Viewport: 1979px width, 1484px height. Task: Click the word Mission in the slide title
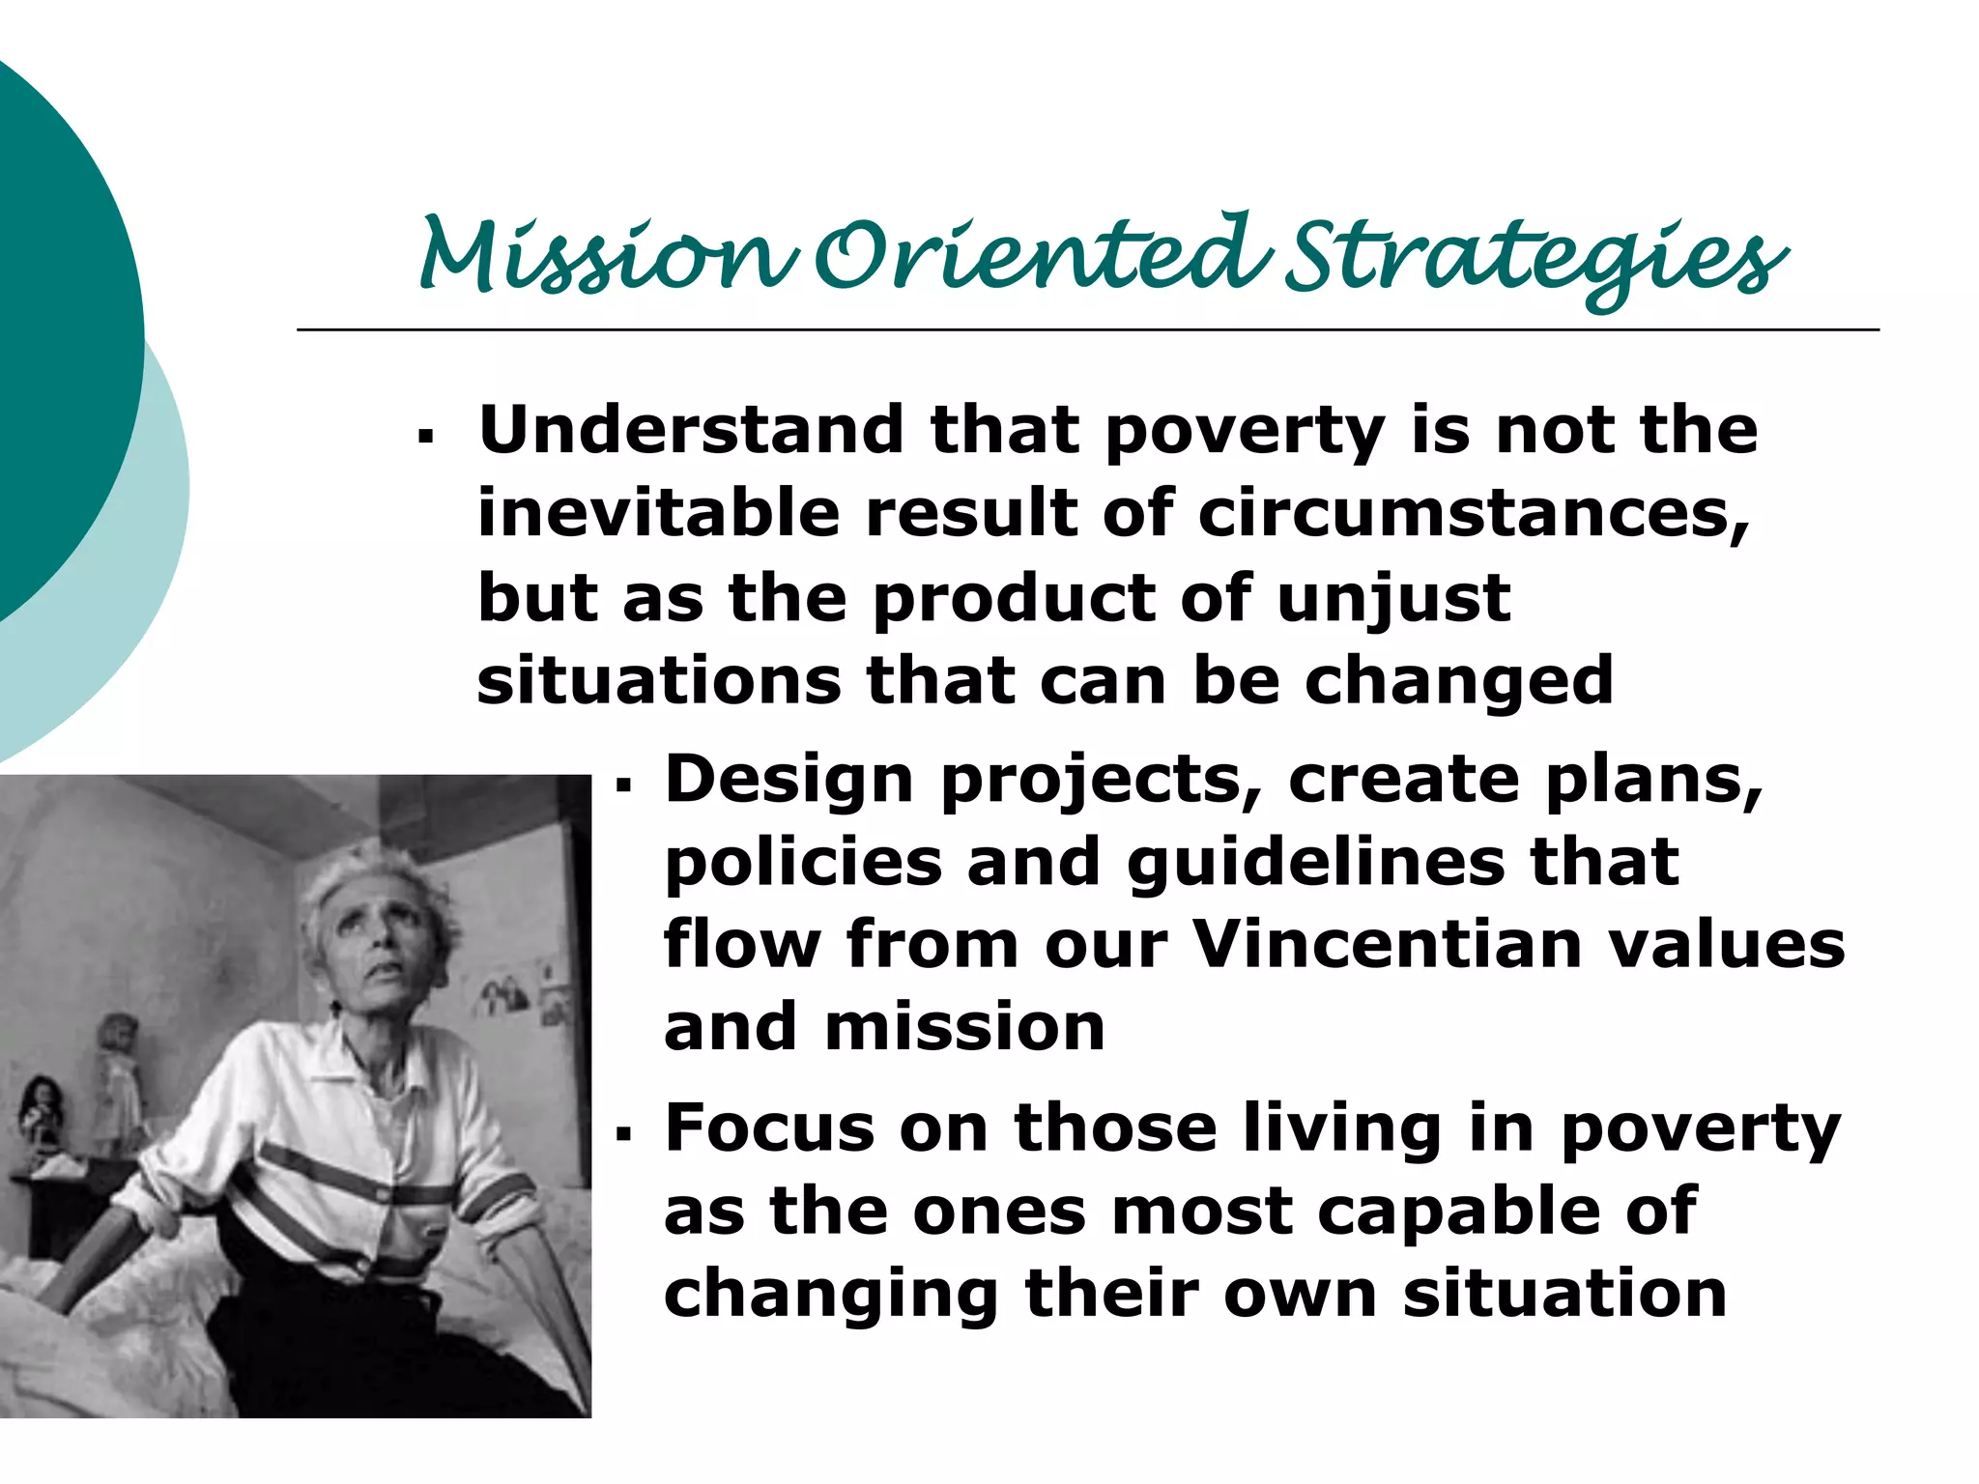point(609,256)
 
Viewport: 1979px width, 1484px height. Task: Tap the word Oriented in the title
point(1039,256)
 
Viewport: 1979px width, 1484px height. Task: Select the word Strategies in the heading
point(1536,259)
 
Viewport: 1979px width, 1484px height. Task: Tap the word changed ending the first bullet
point(1459,682)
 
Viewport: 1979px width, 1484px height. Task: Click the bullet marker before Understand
point(425,438)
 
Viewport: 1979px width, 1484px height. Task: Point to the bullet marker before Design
point(623,786)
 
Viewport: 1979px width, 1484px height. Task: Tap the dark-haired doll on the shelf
point(43,1111)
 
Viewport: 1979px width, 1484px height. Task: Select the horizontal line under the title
point(1087,329)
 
